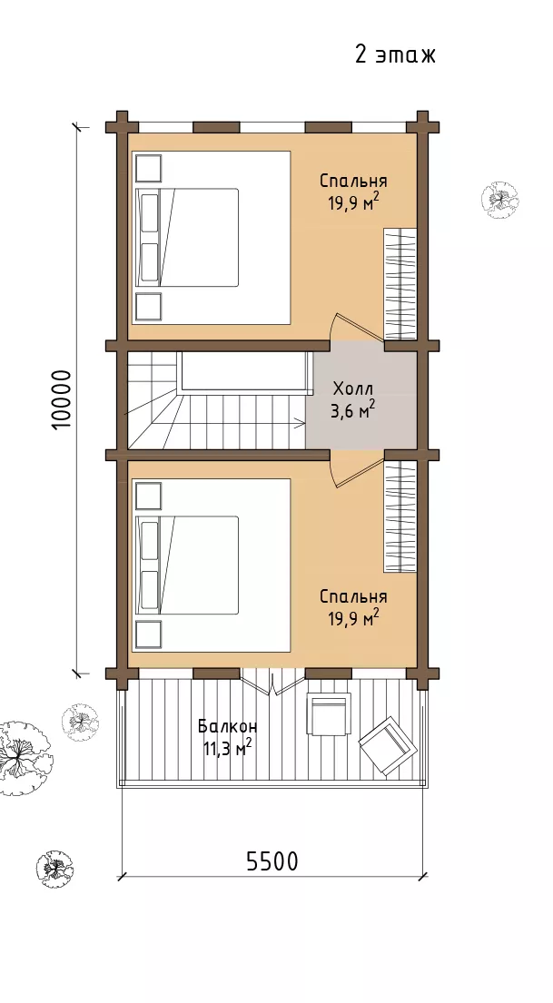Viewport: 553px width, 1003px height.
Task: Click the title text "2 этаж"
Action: (395, 54)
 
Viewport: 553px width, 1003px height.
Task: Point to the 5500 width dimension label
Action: (272, 861)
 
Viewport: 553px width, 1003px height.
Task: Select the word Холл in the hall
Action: (352, 388)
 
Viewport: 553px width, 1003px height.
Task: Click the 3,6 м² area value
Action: (352, 409)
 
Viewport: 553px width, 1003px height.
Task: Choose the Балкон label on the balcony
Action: (227, 727)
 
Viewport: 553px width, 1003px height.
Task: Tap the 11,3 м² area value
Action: (227, 747)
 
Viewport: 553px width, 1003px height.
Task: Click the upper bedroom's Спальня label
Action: (353, 181)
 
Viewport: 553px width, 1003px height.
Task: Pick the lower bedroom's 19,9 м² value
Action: (353, 618)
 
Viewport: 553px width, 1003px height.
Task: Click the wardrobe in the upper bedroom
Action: (400, 284)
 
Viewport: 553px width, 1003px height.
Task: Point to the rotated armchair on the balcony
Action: (387, 746)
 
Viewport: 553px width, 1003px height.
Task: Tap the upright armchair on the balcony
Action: (329, 714)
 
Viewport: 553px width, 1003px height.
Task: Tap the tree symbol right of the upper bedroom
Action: (499, 200)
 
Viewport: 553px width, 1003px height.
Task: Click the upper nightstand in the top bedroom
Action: (149, 168)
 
